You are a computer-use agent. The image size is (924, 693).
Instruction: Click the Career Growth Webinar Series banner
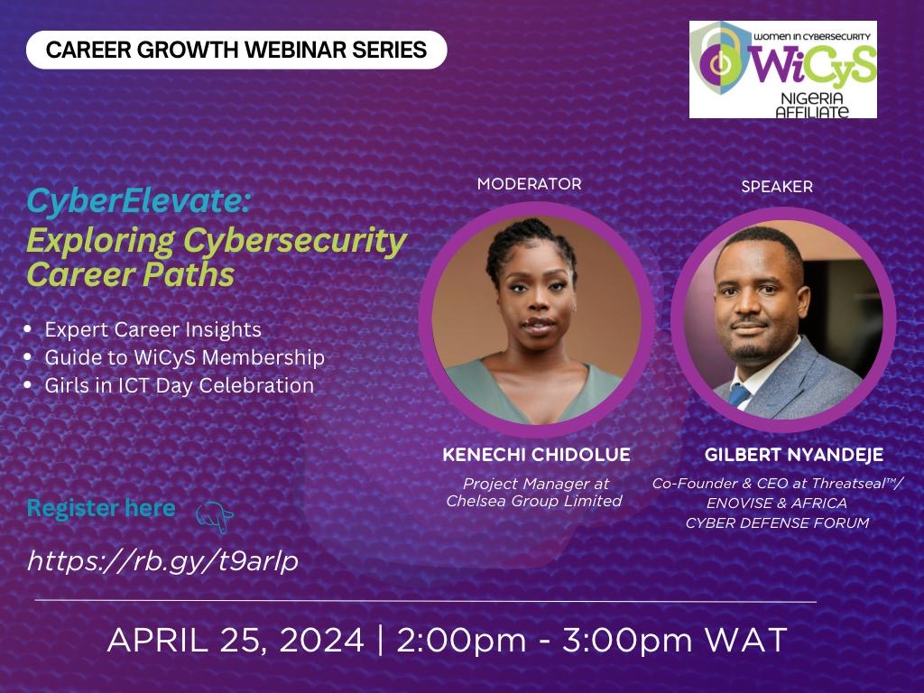[x=236, y=51]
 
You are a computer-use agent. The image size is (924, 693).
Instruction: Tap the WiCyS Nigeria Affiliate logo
[x=783, y=69]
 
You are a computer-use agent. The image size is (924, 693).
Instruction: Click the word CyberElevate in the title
[x=138, y=201]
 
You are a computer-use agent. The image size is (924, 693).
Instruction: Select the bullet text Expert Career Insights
[x=152, y=329]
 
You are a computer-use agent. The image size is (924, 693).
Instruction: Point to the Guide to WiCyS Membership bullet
[x=184, y=357]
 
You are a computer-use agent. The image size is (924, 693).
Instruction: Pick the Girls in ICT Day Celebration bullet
[x=180, y=385]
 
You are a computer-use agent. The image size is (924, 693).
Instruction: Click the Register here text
[x=101, y=508]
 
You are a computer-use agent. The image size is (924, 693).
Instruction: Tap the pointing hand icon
[x=215, y=517]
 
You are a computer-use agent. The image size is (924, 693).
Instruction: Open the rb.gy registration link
[x=162, y=560]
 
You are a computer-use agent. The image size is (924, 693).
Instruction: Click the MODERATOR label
[x=529, y=184]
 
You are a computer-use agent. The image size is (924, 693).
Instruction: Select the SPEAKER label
[x=777, y=187]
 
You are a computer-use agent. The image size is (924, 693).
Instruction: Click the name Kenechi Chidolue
[x=536, y=455]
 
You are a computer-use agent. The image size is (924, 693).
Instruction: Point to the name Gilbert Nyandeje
[x=794, y=455]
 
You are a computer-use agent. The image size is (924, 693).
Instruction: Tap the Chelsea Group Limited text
[x=534, y=501]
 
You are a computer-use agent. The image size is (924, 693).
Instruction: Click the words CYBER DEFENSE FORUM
[x=777, y=522]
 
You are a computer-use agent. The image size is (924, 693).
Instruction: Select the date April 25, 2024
[x=236, y=640]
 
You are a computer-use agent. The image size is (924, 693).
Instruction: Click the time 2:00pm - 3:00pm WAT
[x=592, y=640]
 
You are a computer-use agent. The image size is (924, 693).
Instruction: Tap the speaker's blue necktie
[x=739, y=395]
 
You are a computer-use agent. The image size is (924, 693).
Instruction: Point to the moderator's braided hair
[x=531, y=242]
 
